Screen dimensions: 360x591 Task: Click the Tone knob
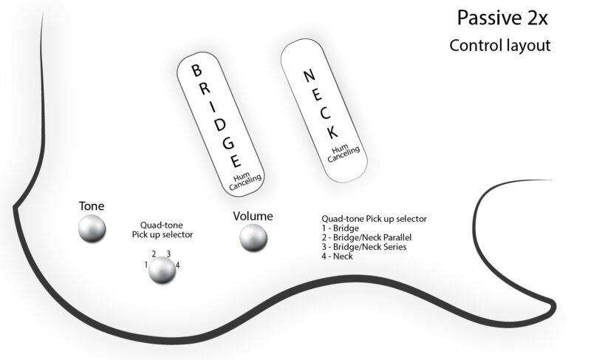click(92, 228)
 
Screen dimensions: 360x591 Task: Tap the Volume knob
click(253, 237)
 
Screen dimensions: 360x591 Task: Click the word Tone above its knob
click(92, 205)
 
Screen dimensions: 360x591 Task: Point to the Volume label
click(253, 216)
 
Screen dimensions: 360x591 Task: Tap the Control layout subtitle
click(500, 46)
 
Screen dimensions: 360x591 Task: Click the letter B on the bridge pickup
click(197, 71)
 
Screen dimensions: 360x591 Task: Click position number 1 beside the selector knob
click(146, 264)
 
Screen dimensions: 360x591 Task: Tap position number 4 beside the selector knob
click(178, 264)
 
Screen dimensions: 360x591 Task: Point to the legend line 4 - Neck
click(337, 256)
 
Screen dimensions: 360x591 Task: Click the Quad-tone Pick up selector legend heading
click(375, 219)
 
